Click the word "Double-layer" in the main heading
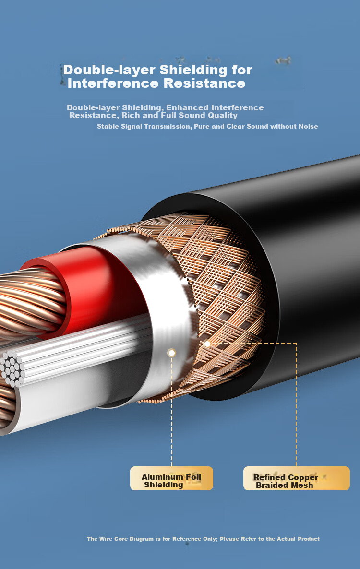109,70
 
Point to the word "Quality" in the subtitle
222,116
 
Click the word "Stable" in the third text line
108,126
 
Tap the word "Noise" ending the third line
308,126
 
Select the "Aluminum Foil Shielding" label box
171,478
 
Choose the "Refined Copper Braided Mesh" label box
297,478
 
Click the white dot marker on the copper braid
207,344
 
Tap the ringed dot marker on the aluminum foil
172,353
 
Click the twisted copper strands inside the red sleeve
31,303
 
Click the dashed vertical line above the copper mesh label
296,404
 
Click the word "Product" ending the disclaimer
309,539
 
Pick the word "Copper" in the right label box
302,477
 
